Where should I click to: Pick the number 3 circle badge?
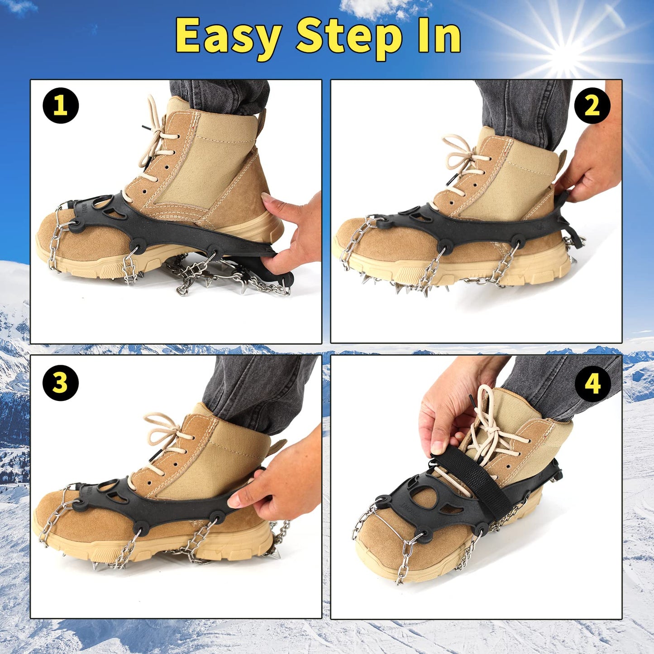coord(61,383)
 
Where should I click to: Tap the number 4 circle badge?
coord(592,383)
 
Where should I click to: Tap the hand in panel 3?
coord(281,480)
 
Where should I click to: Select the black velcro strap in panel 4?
coord(471,480)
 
